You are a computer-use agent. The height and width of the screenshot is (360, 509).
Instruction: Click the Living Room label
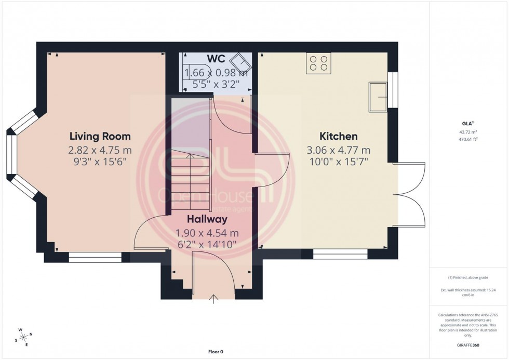(x=100, y=137)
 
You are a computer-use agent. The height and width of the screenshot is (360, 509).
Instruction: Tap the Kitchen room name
(x=338, y=137)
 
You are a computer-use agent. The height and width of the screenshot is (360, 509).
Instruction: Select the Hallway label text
(x=208, y=220)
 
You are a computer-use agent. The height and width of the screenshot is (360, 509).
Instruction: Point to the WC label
(x=215, y=58)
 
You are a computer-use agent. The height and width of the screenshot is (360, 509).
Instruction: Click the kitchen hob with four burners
(x=318, y=63)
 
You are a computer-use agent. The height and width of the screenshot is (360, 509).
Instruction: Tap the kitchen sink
(x=378, y=97)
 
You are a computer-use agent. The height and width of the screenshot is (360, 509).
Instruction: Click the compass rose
(x=23, y=337)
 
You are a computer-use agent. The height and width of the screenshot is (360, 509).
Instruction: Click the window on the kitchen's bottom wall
(x=340, y=255)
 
